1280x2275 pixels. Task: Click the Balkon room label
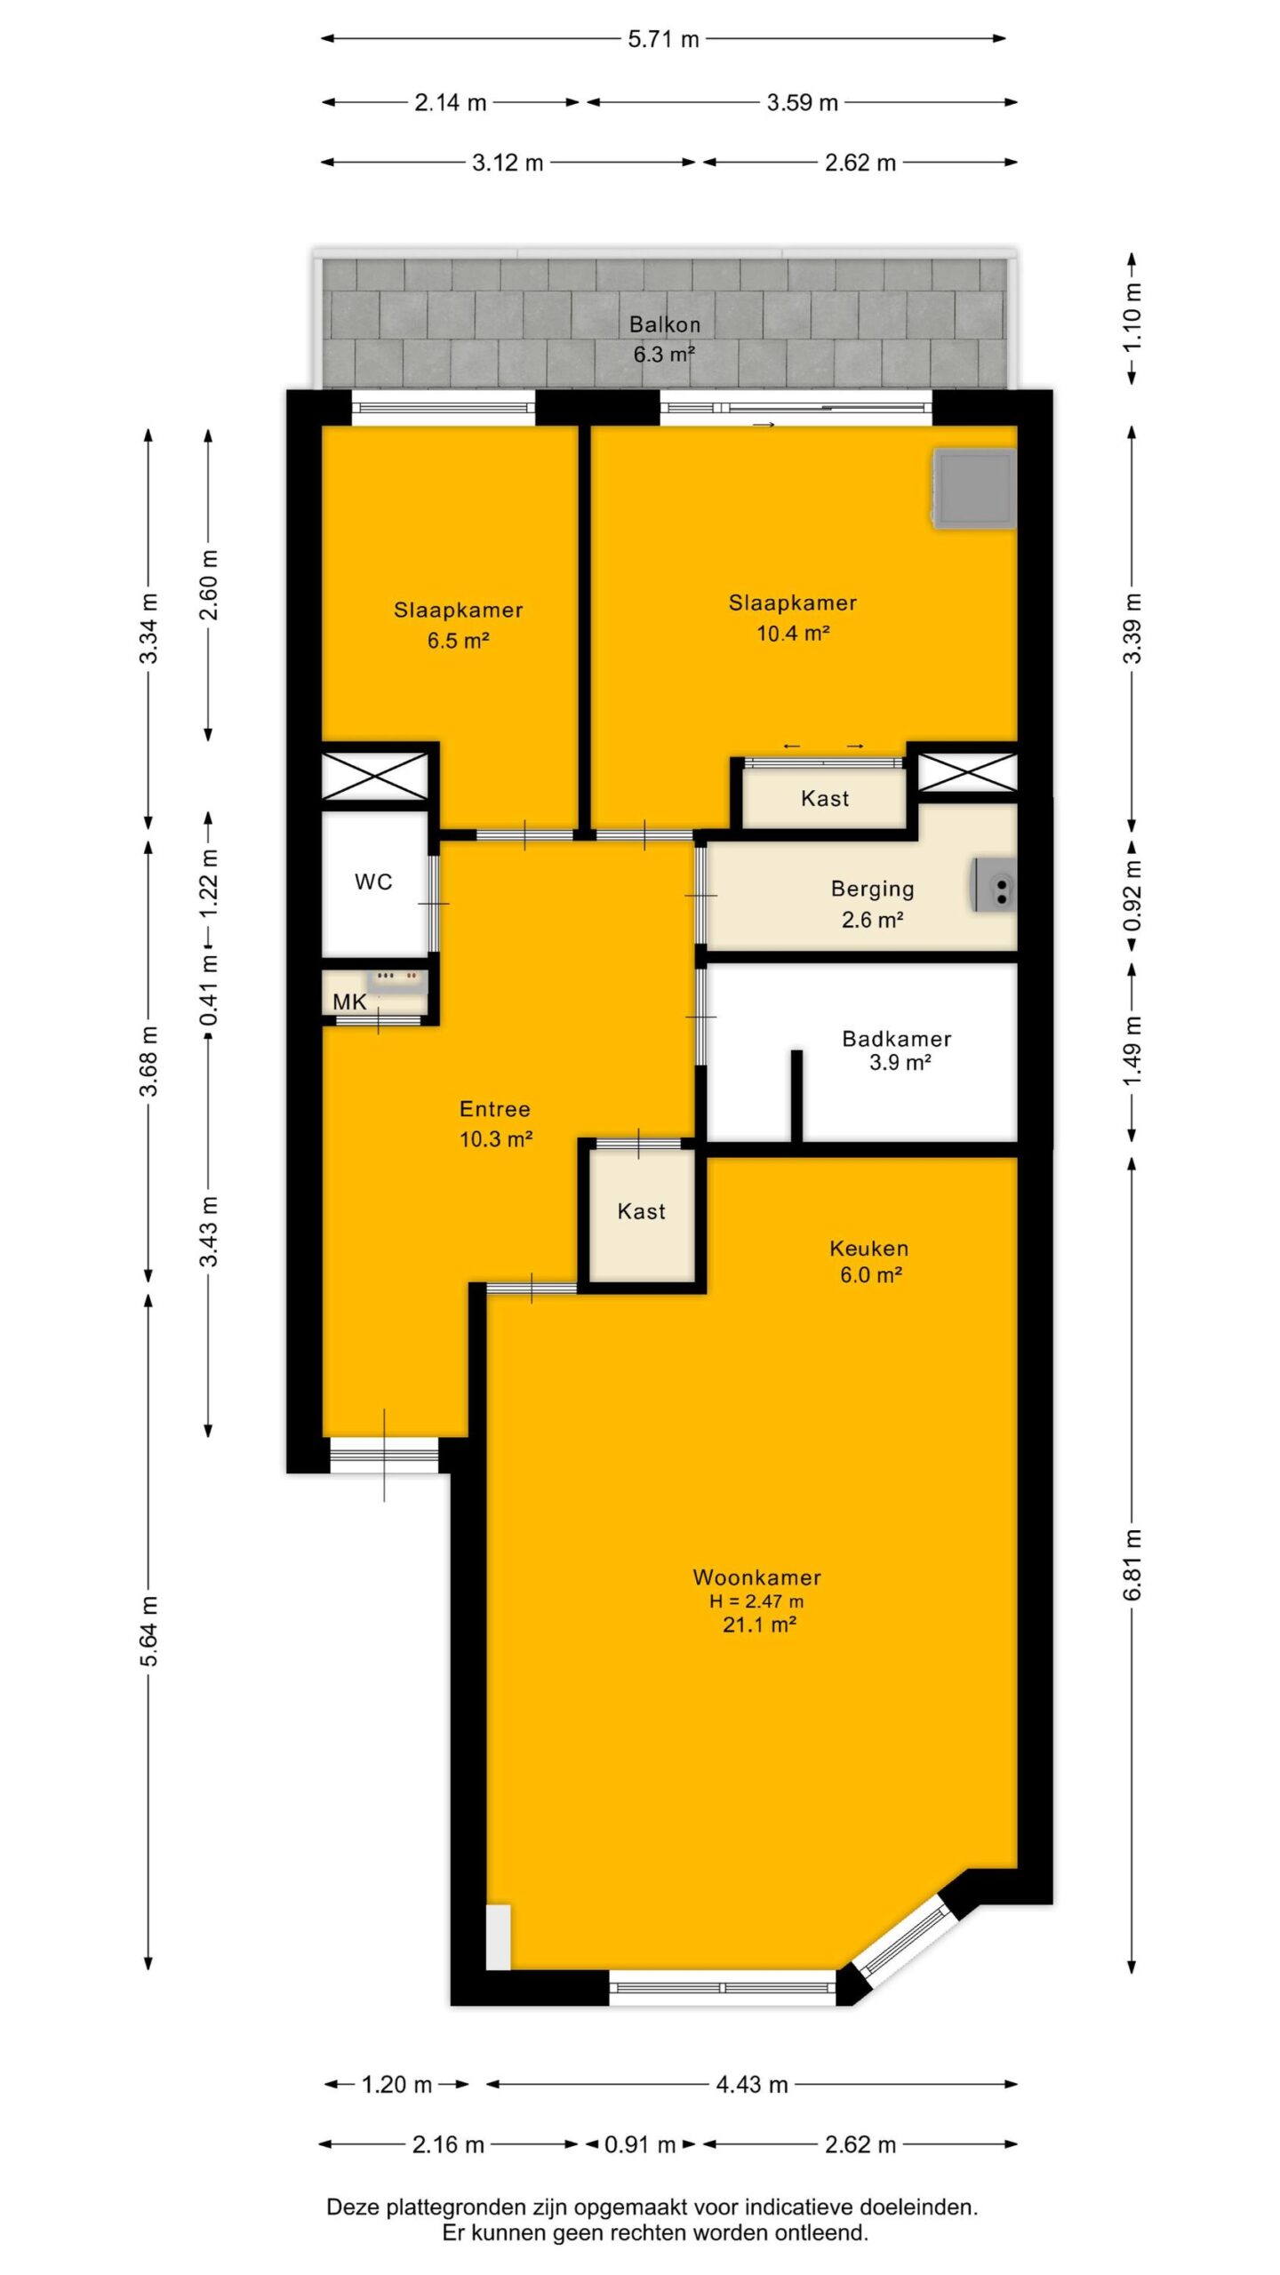pyautogui.click(x=664, y=324)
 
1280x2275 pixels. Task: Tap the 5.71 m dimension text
pyautogui.click(x=663, y=39)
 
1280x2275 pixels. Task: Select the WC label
pyautogui.click(x=373, y=882)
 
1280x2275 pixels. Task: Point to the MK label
pyautogui.click(x=349, y=1002)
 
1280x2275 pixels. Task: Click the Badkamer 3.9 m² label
pyautogui.click(x=897, y=1050)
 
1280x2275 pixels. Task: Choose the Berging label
pyautogui.click(x=872, y=889)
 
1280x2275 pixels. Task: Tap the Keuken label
pyautogui.click(x=868, y=1248)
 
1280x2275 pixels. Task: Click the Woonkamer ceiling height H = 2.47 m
pyautogui.click(x=756, y=1601)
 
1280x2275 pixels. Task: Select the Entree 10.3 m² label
pyautogui.click(x=495, y=1123)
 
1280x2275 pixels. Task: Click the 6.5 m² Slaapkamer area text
pyautogui.click(x=459, y=641)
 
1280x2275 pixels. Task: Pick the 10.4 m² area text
pyautogui.click(x=793, y=634)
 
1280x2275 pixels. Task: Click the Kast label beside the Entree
pyautogui.click(x=641, y=1211)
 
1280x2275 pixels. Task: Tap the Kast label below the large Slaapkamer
pyautogui.click(x=825, y=798)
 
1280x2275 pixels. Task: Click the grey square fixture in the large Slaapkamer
pyautogui.click(x=974, y=489)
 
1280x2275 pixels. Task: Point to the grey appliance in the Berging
pyautogui.click(x=993, y=886)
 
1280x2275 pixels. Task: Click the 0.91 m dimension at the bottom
pyautogui.click(x=640, y=2144)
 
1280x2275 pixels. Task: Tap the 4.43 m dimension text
pyautogui.click(x=752, y=2084)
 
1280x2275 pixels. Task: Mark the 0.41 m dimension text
pyautogui.click(x=208, y=988)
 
